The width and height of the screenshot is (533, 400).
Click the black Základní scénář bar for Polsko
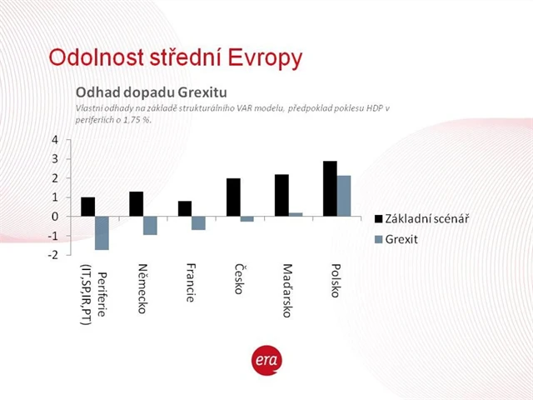[330, 188]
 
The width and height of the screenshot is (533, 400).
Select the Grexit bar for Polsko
[344, 196]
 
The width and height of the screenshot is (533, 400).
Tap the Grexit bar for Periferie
[102, 233]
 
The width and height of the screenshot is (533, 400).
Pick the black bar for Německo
[136, 204]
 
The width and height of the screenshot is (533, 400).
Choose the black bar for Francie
[184, 208]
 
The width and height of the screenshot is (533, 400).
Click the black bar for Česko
[233, 197]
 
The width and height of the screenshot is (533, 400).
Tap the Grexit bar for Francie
[198, 223]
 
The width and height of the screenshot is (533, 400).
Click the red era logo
[266, 359]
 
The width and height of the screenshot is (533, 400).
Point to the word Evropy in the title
[262, 57]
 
